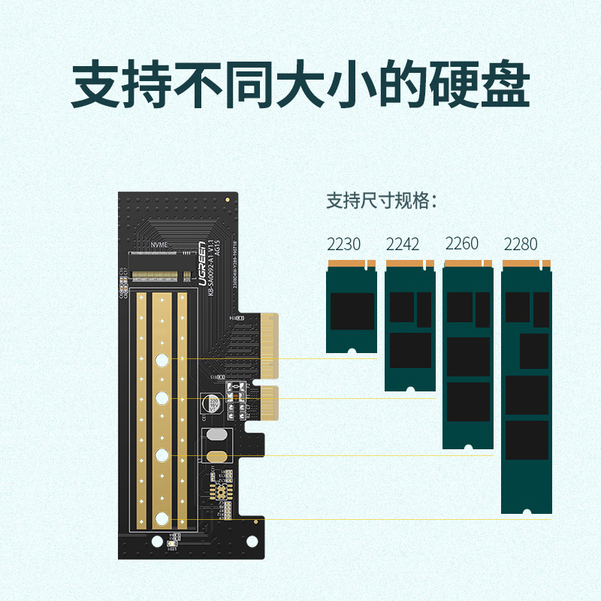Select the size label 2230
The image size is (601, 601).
tap(343, 244)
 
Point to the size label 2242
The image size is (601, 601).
tap(403, 244)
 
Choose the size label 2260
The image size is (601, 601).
tap(462, 243)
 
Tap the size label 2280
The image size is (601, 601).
tap(521, 244)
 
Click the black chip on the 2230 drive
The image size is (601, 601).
tap(352, 311)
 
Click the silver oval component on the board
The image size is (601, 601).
tap(215, 436)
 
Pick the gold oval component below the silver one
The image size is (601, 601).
tap(215, 456)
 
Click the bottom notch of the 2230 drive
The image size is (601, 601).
tap(351, 350)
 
